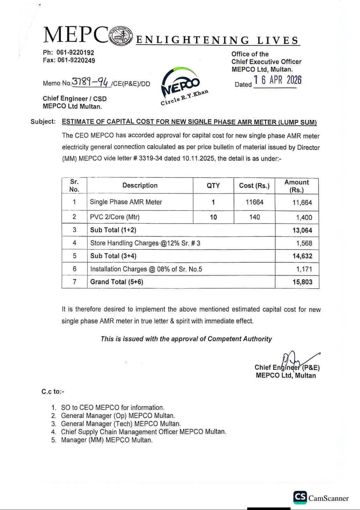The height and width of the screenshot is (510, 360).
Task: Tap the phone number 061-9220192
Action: tap(75, 53)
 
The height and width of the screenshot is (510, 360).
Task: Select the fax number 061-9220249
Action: tap(76, 60)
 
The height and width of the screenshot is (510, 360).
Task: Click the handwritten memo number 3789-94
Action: tap(91, 82)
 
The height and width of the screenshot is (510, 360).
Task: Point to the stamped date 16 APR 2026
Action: tap(277, 80)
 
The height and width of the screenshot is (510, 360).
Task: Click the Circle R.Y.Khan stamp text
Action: tap(185, 98)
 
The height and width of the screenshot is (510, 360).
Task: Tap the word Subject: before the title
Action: tap(43, 121)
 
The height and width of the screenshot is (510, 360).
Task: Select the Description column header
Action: tap(140, 186)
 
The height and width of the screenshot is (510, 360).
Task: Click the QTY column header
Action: tap(213, 186)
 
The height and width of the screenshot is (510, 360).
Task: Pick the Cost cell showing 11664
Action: tap(255, 202)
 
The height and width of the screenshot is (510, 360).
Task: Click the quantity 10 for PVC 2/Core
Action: tap(213, 217)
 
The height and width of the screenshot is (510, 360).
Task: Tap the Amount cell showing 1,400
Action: tap(304, 218)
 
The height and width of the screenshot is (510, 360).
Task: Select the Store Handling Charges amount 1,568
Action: tap(304, 243)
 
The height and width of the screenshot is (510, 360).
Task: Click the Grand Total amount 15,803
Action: tap(302, 282)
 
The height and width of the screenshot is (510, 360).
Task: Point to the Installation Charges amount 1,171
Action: tap(304, 269)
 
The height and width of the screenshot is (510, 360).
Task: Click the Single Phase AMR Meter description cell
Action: tap(126, 202)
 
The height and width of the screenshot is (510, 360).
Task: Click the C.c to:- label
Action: tap(53, 392)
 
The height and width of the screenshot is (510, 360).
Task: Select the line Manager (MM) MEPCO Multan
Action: tap(107, 440)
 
